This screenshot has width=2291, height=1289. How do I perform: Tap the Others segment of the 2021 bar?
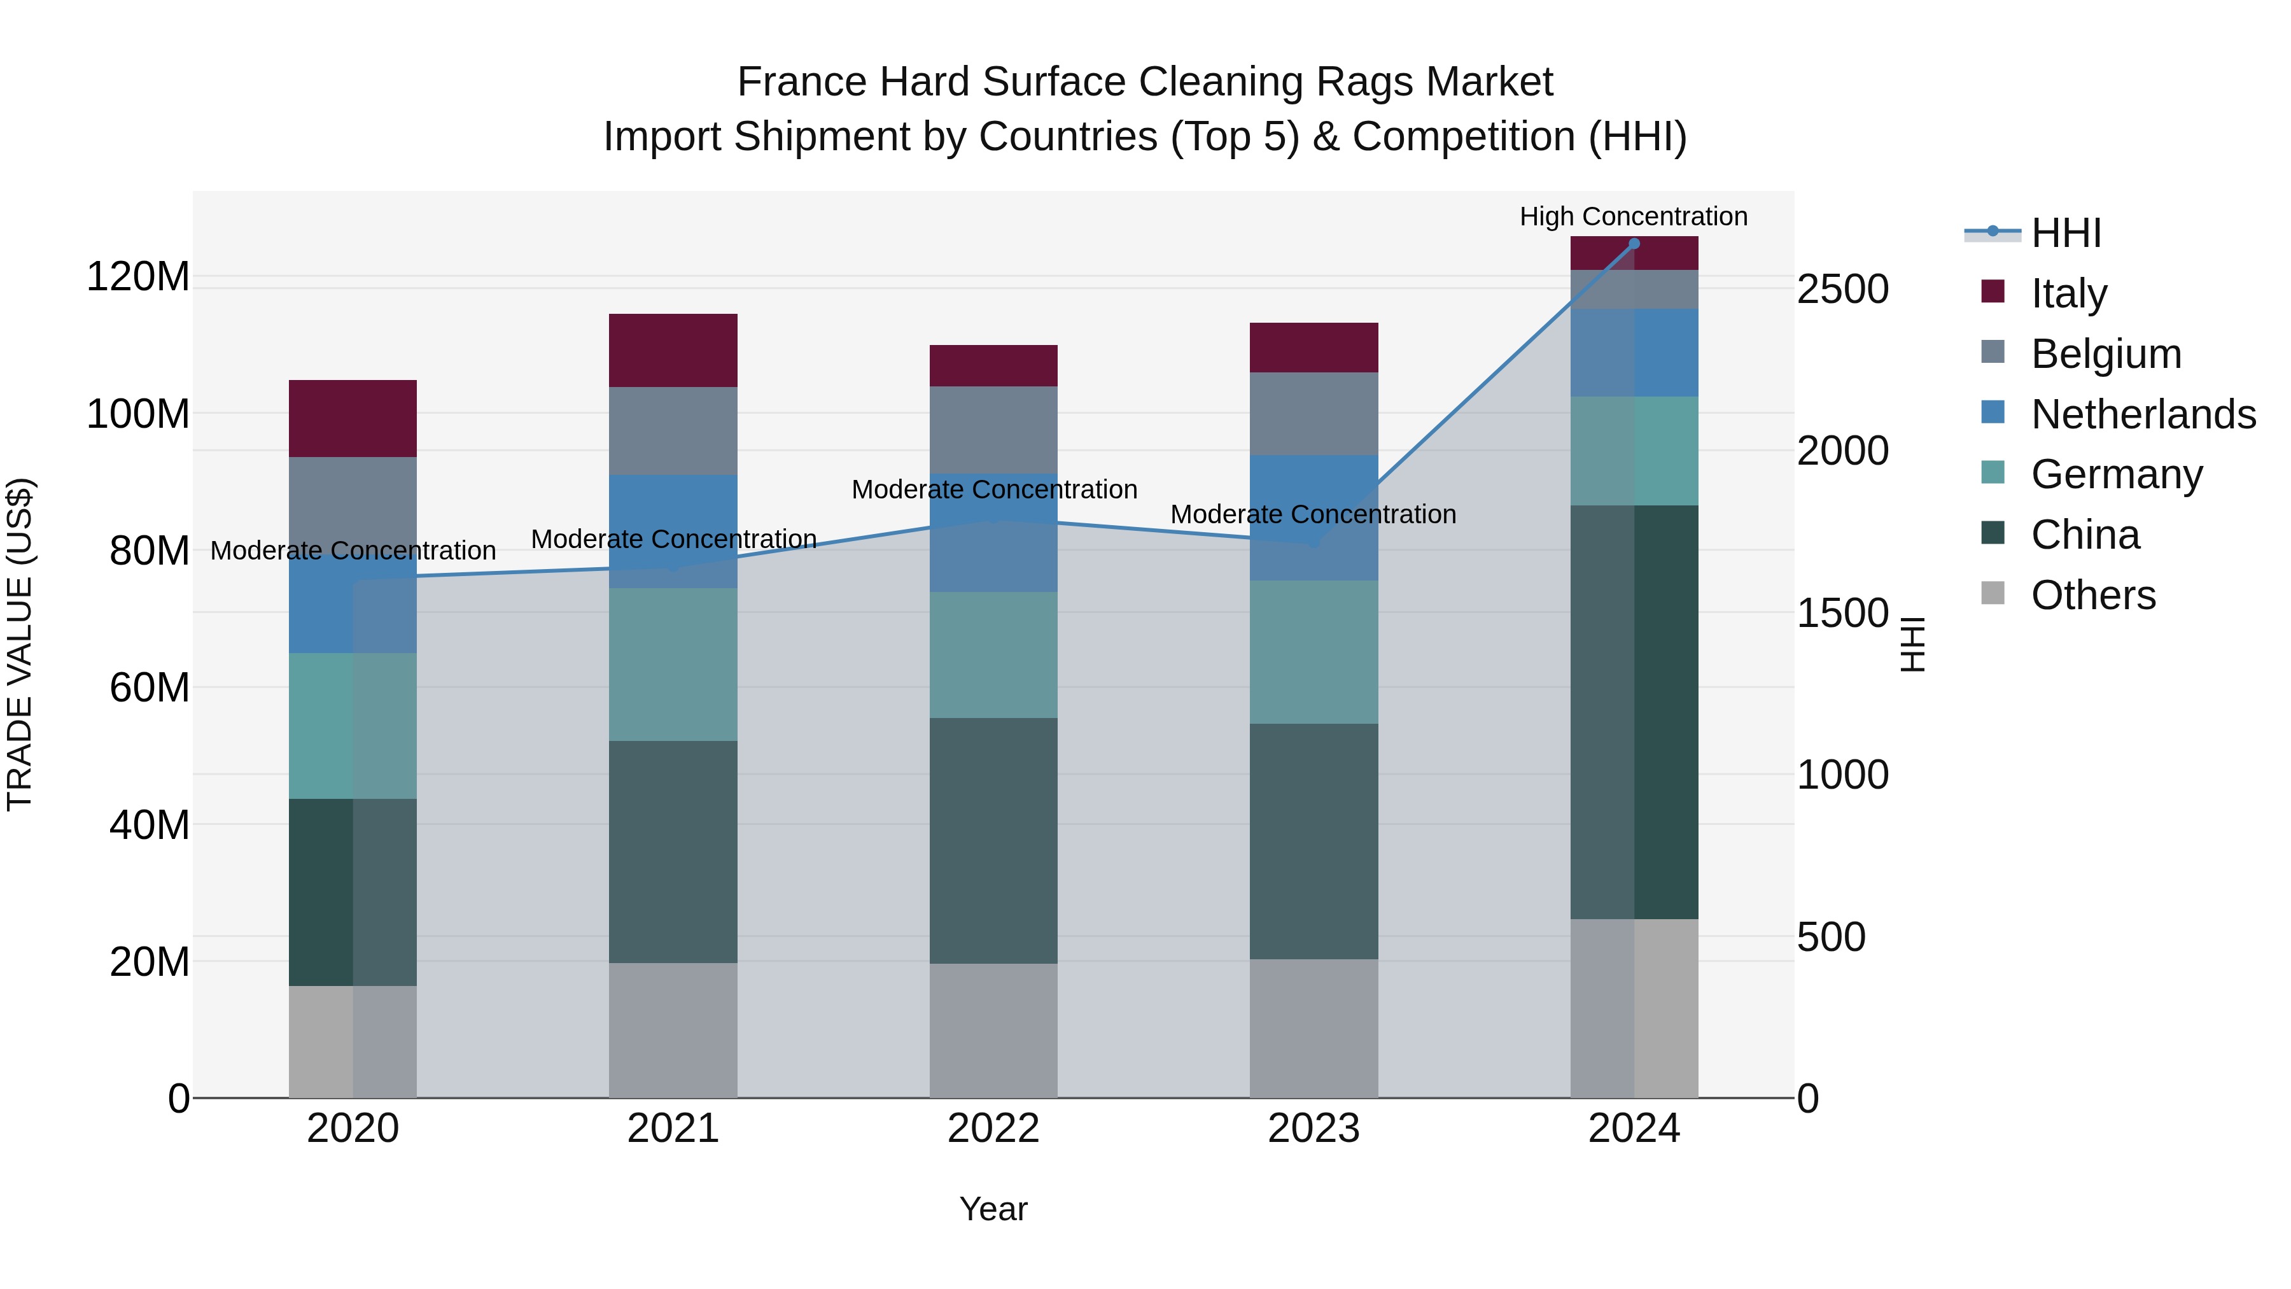(x=673, y=1029)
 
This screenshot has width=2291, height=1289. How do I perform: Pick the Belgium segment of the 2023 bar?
(x=1314, y=414)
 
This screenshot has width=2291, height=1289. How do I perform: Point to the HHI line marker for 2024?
(x=1634, y=244)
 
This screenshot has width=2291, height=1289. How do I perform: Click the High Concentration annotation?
(x=1633, y=216)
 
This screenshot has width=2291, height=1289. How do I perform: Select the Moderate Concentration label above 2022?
(x=993, y=490)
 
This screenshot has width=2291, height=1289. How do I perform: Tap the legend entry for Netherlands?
(x=2143, y=414)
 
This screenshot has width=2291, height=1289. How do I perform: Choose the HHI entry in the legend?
(x=2066, y=233)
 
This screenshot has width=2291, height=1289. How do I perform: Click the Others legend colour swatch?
(x=1993, y=593)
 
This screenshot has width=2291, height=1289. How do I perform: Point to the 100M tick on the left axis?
(x=138, y=414)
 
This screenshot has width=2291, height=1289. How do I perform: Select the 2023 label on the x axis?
(x=1314, y=1129)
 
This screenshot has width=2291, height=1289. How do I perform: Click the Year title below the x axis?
(x=993, y=1209)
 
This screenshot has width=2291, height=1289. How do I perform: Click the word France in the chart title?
(x=802, y=82)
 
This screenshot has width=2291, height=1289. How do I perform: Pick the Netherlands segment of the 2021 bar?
(x=673, y=531)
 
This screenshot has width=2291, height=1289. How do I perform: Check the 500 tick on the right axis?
(x=1830, y=937)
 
